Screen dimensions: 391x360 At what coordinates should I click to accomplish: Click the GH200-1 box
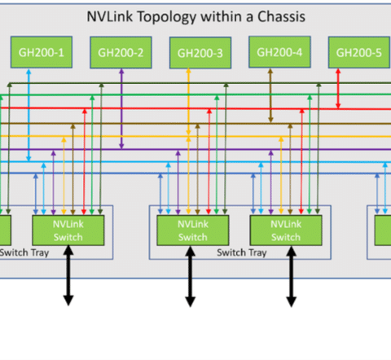coord(42,52)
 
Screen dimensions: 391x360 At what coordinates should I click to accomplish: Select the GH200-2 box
coord(121,52)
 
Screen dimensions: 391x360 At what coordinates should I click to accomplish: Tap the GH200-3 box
coord(200,53)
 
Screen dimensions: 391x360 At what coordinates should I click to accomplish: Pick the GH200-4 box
coord(279,52)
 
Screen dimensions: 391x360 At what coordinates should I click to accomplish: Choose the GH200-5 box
coord(359,52)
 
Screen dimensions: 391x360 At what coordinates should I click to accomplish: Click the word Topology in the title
coord(167,17)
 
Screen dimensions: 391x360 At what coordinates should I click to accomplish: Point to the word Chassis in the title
coord(281,16)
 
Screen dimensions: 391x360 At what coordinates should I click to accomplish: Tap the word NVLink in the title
coord(110,16)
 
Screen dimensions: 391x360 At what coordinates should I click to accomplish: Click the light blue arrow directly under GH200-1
coord(29,115)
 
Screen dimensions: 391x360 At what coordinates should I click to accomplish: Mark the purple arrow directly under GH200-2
coord(121,108)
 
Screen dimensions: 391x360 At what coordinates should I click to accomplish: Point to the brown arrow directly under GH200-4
coord(270,95)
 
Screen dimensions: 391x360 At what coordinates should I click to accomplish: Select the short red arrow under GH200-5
coord(338,89)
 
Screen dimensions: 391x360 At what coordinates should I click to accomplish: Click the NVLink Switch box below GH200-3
coord(193,230)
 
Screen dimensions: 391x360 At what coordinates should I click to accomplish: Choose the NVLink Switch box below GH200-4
coord(286,230)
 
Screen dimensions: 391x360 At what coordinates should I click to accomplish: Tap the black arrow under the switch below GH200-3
coord(190,276)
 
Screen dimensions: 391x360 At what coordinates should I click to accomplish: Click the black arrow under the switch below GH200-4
coord(292,276)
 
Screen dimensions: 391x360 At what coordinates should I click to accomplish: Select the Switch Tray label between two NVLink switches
coord(242,252)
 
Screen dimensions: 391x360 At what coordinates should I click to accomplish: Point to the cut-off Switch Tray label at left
coord(24,252)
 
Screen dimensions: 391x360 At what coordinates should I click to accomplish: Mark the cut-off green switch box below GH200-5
coord(383,230)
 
